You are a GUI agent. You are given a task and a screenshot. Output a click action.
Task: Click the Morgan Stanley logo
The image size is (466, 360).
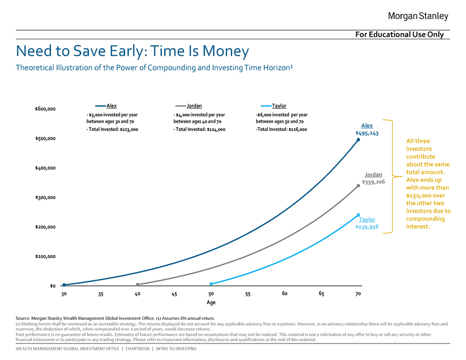click(418, 16)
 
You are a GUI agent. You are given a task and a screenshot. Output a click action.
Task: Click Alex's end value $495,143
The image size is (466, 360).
click(367, 133)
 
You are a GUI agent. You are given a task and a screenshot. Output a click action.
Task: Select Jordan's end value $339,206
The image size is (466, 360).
click(373, 182)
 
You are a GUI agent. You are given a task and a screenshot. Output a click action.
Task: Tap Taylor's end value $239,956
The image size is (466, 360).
click(366, 227)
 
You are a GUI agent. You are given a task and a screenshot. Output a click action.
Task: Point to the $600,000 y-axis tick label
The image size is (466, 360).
click(45, 109)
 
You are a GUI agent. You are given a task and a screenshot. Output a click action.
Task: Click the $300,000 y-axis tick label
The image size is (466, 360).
click(45, 197)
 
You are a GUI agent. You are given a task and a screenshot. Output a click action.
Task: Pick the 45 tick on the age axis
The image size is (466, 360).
click(174, 294)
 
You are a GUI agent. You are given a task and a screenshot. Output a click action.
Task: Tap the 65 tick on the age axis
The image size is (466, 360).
click(321, 294)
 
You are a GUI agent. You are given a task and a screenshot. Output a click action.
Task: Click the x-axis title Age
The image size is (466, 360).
click(211, 303)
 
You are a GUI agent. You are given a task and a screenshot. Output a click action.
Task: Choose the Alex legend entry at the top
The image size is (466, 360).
click(111, 106)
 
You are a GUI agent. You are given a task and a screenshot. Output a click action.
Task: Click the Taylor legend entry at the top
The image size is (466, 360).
click(279, 106)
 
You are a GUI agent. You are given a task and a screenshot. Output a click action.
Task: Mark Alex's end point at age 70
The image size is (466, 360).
click(358, 140)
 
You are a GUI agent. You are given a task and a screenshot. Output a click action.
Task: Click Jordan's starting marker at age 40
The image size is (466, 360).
click(138, 285)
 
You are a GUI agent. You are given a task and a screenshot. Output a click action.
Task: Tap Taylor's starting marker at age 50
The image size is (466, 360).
click(211, 284)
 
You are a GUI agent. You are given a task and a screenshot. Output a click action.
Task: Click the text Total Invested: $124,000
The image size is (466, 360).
click(200, 130)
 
